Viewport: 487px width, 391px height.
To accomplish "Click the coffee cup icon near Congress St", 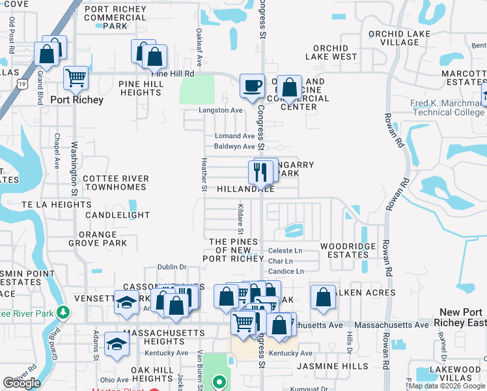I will click(x=252, y=85).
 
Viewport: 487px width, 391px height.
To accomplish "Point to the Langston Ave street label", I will click(x=221, y=111).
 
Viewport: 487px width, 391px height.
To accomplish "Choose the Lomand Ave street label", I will click(x=234, y=136).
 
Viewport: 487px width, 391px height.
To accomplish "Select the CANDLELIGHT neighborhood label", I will click(x=117, y=215).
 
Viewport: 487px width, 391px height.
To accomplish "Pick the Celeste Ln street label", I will click(x=285, y=250).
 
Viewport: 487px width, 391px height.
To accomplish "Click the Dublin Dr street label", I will click(x=173, y=267).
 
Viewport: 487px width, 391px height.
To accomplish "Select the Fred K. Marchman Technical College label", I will click(x=447, y=108).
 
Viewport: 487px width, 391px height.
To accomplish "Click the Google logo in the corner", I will click(x=21, y=383).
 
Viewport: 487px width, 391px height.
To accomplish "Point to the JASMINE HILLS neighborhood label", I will click(x=329, y=367).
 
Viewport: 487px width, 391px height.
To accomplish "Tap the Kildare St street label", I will click(x=240, y=219).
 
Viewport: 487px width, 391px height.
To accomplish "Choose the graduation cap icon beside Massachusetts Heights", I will click(x=117, y=344).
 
